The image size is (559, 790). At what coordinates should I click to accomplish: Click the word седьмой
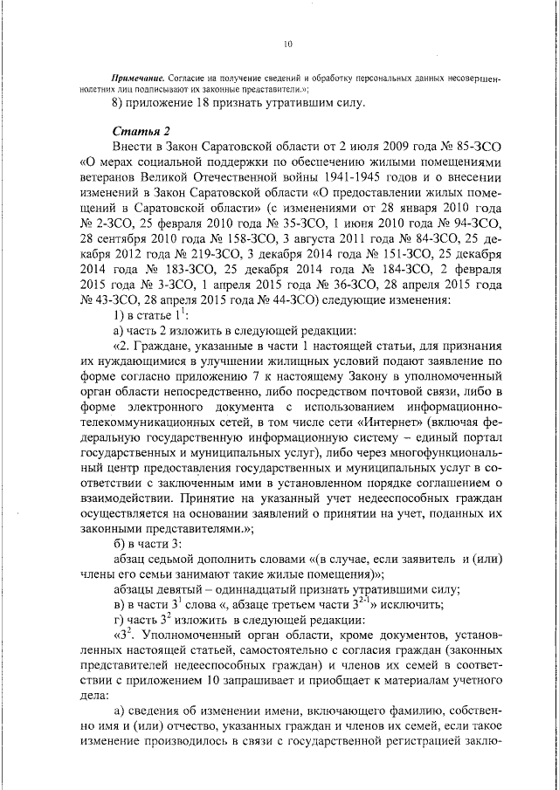click(x=182, y=559)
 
